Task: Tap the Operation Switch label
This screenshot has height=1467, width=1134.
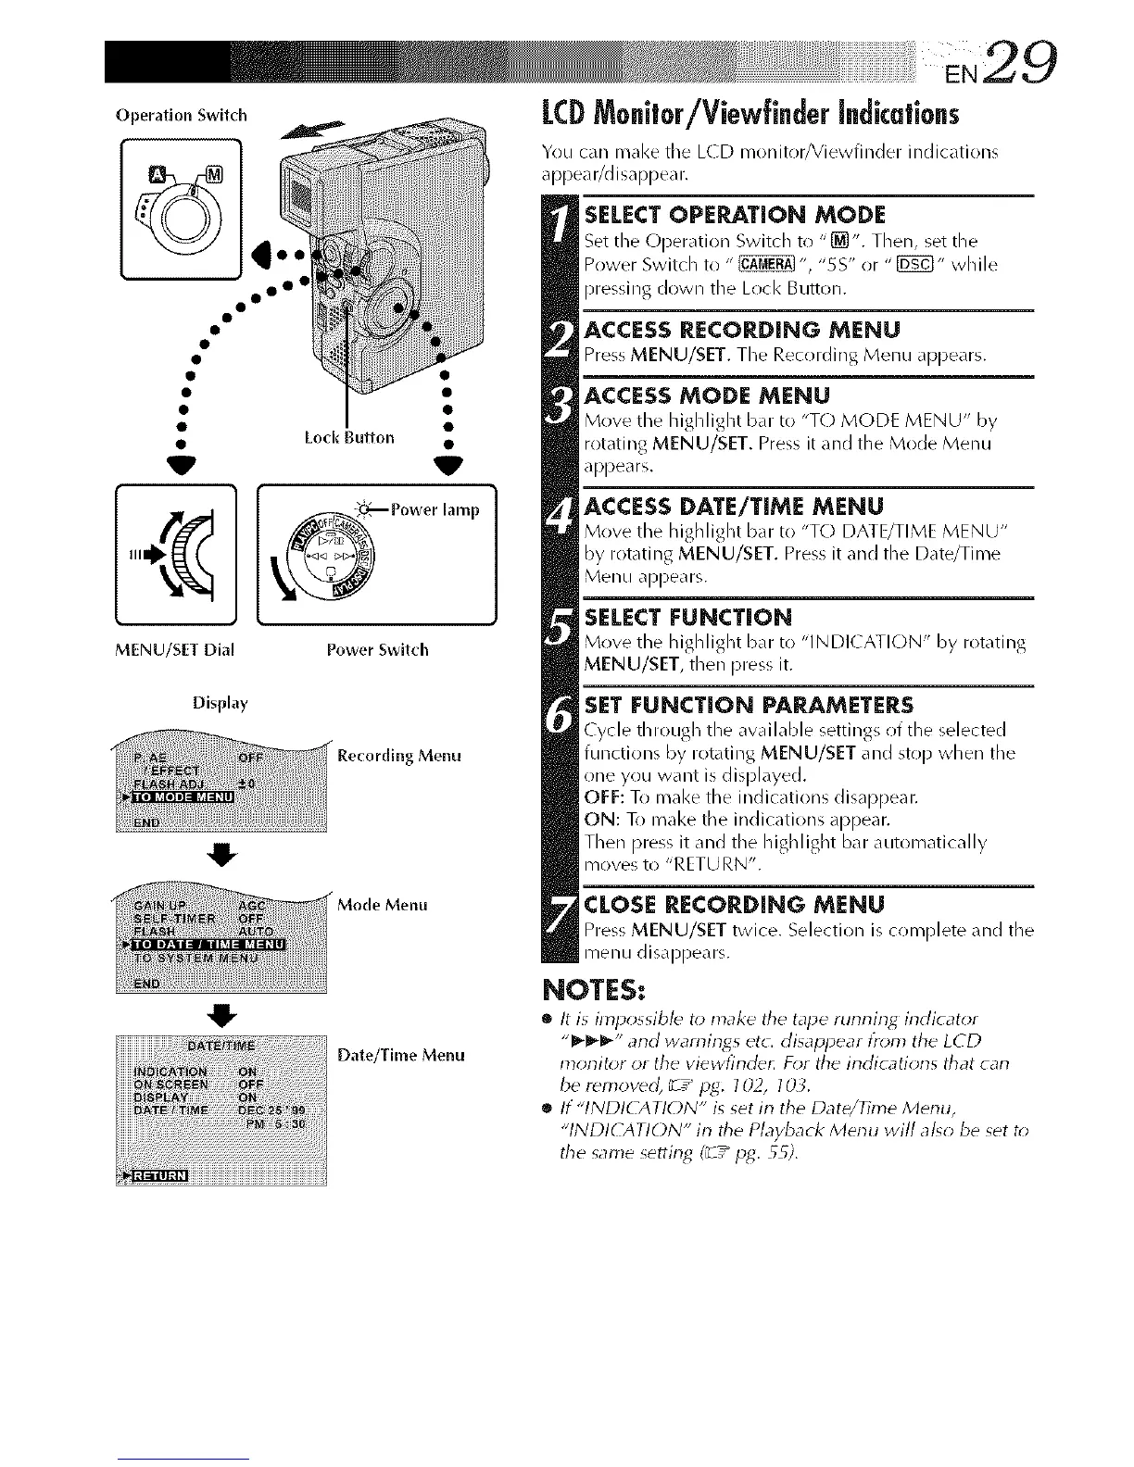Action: click(x=182, y=116)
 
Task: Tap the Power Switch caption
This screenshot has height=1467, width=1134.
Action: click(x=377, y=649)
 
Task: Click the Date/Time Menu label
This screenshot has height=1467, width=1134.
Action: click(x=401, y=1054)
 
